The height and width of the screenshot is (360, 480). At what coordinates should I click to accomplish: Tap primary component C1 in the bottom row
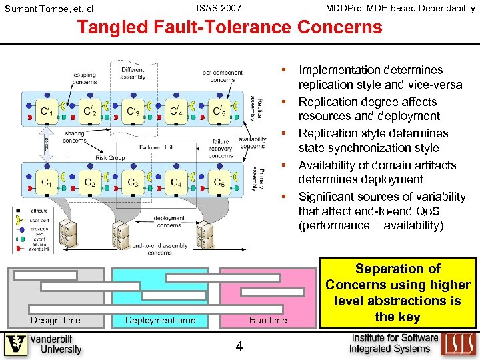tap(47, 181)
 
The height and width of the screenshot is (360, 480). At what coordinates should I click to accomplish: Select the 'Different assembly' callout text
tap(133, 73)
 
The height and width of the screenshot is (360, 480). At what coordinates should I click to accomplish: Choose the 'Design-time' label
tap(55, 321)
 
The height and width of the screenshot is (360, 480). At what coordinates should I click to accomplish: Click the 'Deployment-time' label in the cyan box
tap(161, 321)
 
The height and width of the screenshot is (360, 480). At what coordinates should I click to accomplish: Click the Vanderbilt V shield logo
tap(16, 345)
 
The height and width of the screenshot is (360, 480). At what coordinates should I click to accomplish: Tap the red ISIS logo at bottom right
tap(459, 343)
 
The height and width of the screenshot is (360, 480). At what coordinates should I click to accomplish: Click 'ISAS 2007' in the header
tap(219, 8)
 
